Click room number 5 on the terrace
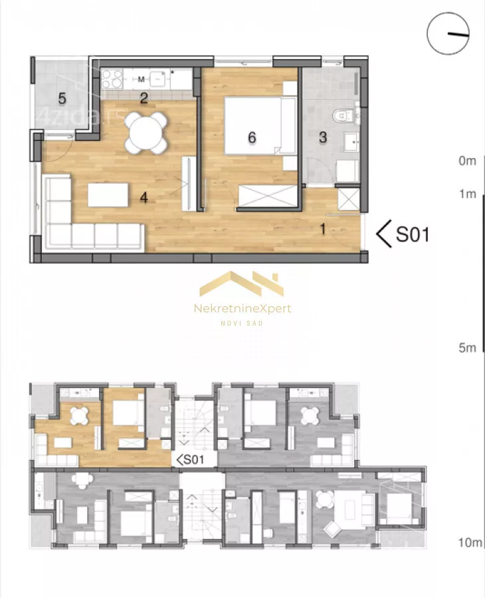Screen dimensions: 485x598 tap(62, 98)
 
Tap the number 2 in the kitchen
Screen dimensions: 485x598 tap(144, 98)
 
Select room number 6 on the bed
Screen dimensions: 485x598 tap(252, 138)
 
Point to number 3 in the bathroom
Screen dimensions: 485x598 tap(323, 138)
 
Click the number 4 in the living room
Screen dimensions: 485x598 tap(144, 197)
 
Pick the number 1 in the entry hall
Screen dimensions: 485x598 tap(323, 229)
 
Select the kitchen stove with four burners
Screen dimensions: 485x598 tap(112, 79)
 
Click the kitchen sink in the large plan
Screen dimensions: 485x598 tap(157, 79)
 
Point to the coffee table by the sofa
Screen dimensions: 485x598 tap(108, 195)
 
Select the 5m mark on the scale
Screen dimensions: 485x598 tap(468, 348)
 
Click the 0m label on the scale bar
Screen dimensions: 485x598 tap(468, 161)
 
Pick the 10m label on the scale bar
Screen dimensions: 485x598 tap(470, 542)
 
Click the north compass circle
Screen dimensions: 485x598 tap(448, 34)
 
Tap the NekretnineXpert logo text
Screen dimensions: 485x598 tap(242, 308)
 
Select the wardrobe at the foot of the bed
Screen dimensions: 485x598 tap(268, 196)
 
